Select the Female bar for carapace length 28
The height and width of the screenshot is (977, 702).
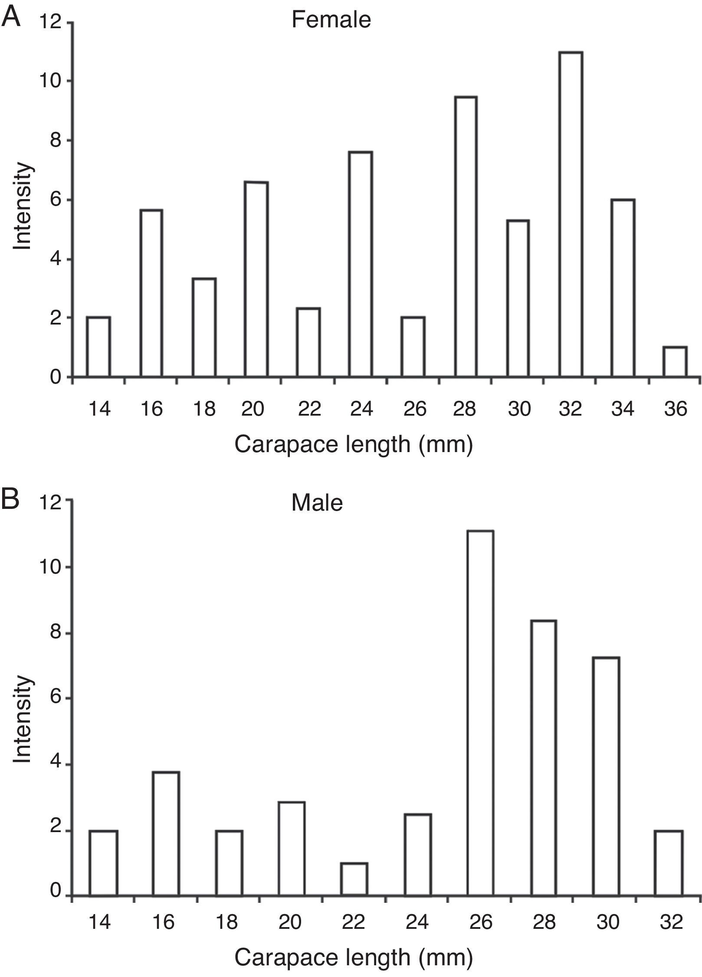click(466, 236)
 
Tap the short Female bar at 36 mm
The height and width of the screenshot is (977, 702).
click(675, 361)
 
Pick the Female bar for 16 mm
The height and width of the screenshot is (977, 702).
click(151, 293)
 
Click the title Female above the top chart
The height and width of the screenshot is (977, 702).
click(331, 20)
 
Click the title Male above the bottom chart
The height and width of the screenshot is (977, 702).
click(317, 503)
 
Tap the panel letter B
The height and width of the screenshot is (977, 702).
click(11, 500)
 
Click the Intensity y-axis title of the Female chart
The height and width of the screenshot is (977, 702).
click(23, 207)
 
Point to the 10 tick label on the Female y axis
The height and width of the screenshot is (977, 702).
click(50, 81)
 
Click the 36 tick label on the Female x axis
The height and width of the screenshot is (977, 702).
click(676, 409)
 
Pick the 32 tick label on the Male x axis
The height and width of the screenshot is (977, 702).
click(671, 920)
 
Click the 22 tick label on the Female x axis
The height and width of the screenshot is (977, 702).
click(309, 409)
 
